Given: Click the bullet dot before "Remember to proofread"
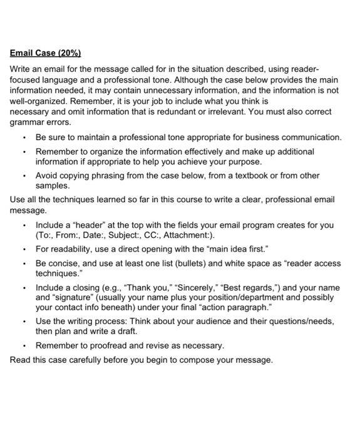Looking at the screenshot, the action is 24,345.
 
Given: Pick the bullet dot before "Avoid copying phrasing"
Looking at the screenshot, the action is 24,176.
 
